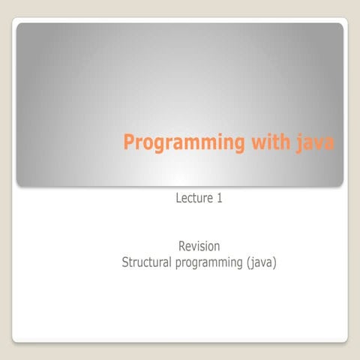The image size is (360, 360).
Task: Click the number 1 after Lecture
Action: (219, 199)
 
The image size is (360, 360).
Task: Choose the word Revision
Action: (199, 246)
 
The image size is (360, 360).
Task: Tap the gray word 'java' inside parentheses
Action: (262, 263)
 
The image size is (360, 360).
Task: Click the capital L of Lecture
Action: (178, 199)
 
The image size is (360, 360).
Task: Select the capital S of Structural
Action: (125, 262)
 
